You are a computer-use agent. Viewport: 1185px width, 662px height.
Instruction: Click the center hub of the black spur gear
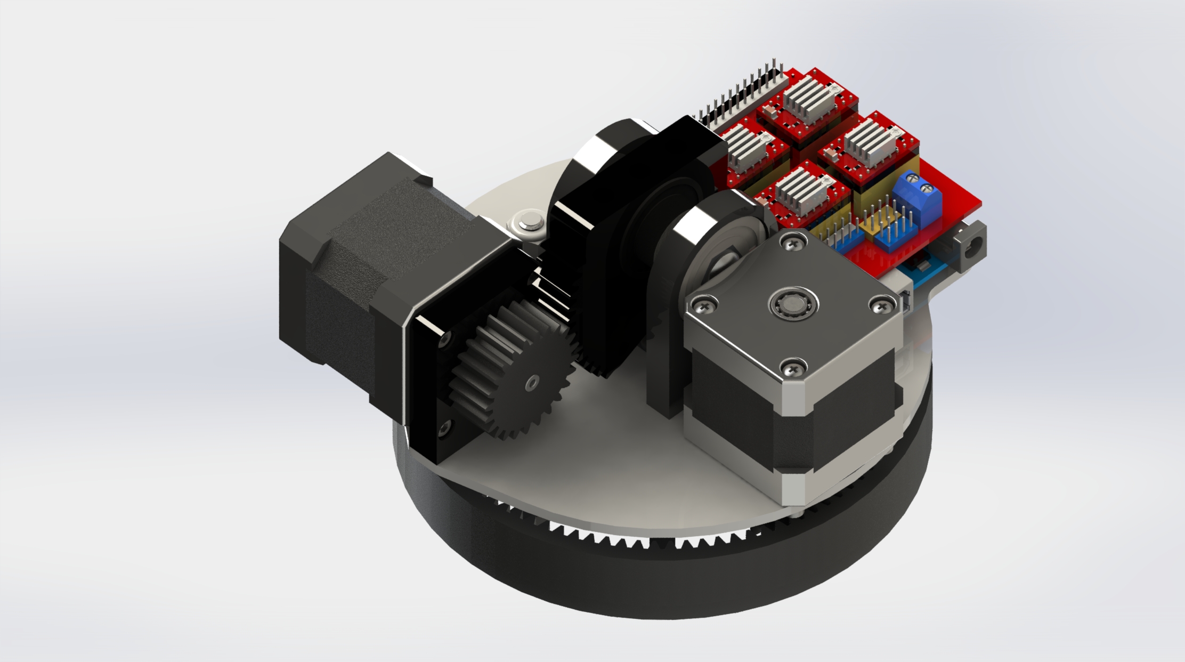(x=531, y=383)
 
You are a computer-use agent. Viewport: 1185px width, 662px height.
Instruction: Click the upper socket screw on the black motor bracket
(x=444, y=338)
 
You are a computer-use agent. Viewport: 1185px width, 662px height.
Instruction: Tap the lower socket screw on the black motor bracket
(x=444, y=424)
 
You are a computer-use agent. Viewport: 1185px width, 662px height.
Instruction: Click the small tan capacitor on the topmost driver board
(x=769, y=110)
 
